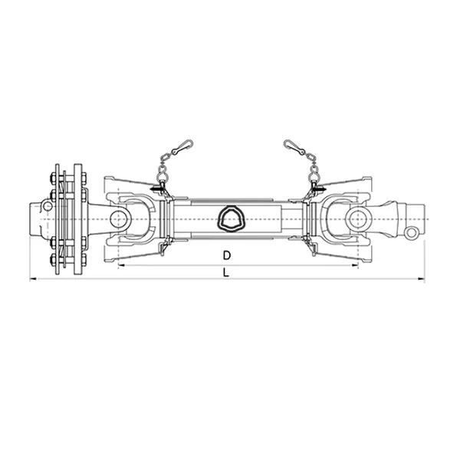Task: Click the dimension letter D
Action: [228, 255]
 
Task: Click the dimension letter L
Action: [225, 272]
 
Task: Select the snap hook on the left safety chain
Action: [182, 146]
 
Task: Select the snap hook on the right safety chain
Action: [294, 146]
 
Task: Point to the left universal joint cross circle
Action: [119, 219]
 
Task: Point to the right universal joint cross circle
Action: [357, 219]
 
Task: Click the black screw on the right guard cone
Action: [318, 189]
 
